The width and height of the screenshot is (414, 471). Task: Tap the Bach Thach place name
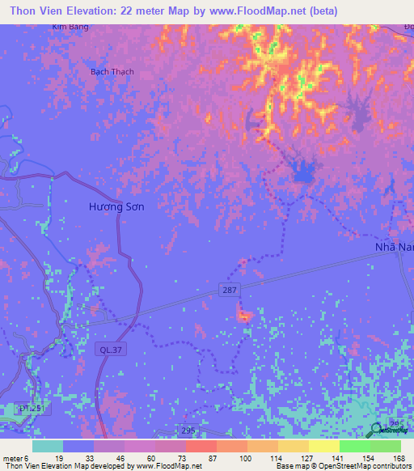click(112, 72)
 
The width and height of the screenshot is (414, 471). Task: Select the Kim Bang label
click(70, 27)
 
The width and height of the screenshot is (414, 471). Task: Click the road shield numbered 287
click(230, 290)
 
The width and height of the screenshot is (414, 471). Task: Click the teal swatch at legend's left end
click(48, 446)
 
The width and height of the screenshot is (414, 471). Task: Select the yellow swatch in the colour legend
click(323, 446)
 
